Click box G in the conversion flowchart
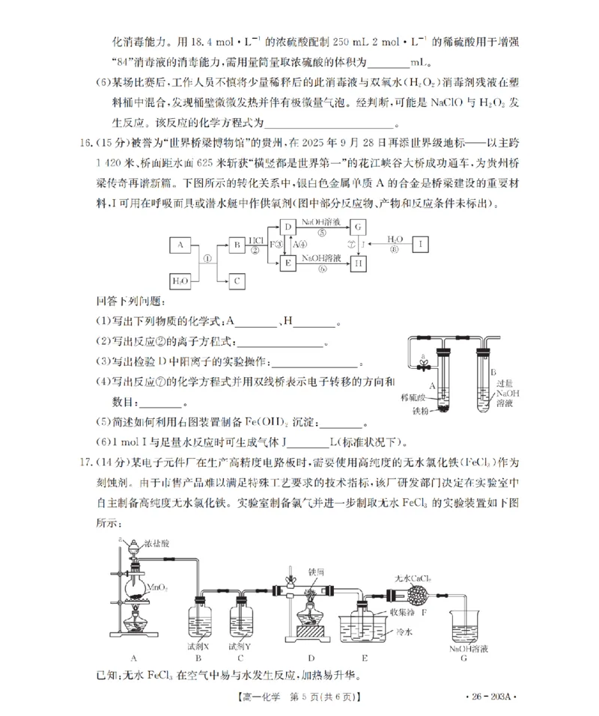pos(359,227)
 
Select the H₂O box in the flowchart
pos(180,281)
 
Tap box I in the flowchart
pos(422,245)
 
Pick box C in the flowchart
pos(237,281)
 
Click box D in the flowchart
pos(288,227)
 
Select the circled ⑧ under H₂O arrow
pos(395,251)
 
